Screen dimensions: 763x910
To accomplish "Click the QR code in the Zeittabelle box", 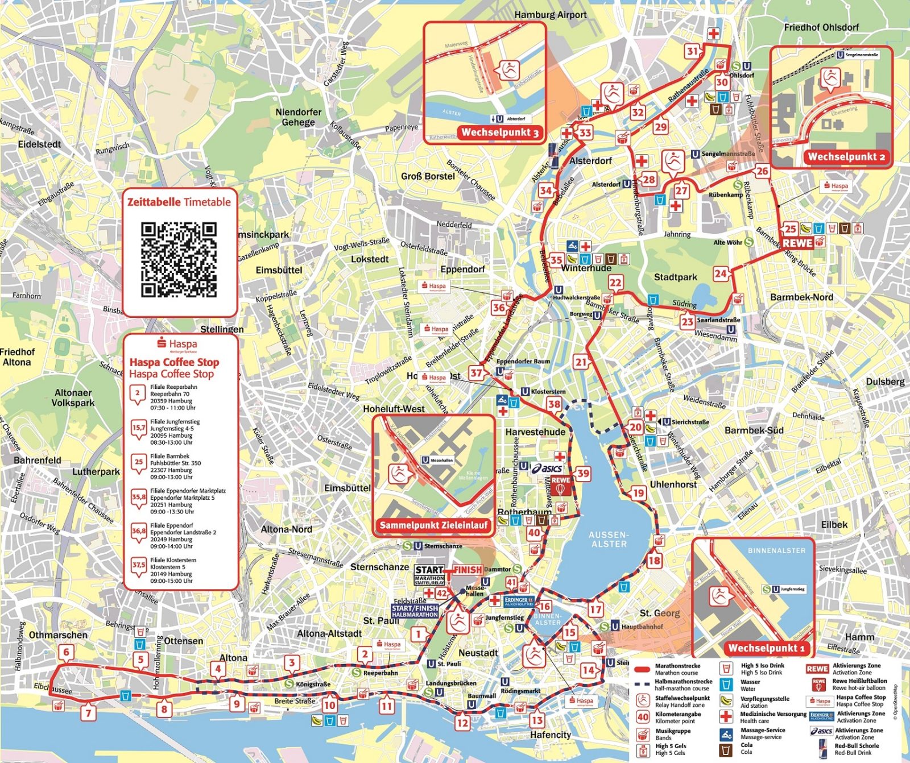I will [179, 260].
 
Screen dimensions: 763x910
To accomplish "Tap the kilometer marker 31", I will [692, 51].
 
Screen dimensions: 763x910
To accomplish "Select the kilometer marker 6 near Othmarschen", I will [67, 653].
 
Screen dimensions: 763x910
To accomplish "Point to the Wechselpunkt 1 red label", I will [766, 648].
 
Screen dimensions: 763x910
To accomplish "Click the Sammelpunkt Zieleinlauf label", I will [433, 525].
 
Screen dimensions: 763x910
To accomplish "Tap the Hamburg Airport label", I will [550, 15].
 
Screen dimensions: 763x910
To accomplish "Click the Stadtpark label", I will [675, 277].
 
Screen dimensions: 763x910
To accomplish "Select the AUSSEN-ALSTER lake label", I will [609, 539].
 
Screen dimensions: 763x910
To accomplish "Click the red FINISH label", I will [468, 570].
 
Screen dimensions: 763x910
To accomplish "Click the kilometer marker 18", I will [654, 561].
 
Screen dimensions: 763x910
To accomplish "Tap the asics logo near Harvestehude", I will [547, 468].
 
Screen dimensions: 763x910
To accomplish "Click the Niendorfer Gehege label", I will [298, 117].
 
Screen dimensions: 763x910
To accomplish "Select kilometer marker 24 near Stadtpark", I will [721, 273].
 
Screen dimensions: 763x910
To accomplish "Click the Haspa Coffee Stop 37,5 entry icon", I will [138, 566].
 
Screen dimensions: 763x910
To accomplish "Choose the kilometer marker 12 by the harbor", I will [462, 723].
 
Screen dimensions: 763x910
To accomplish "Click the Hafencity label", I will [550, 735].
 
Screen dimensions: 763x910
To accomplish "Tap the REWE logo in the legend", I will [817, 669].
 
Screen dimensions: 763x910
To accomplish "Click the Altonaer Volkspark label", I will [73, 398].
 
